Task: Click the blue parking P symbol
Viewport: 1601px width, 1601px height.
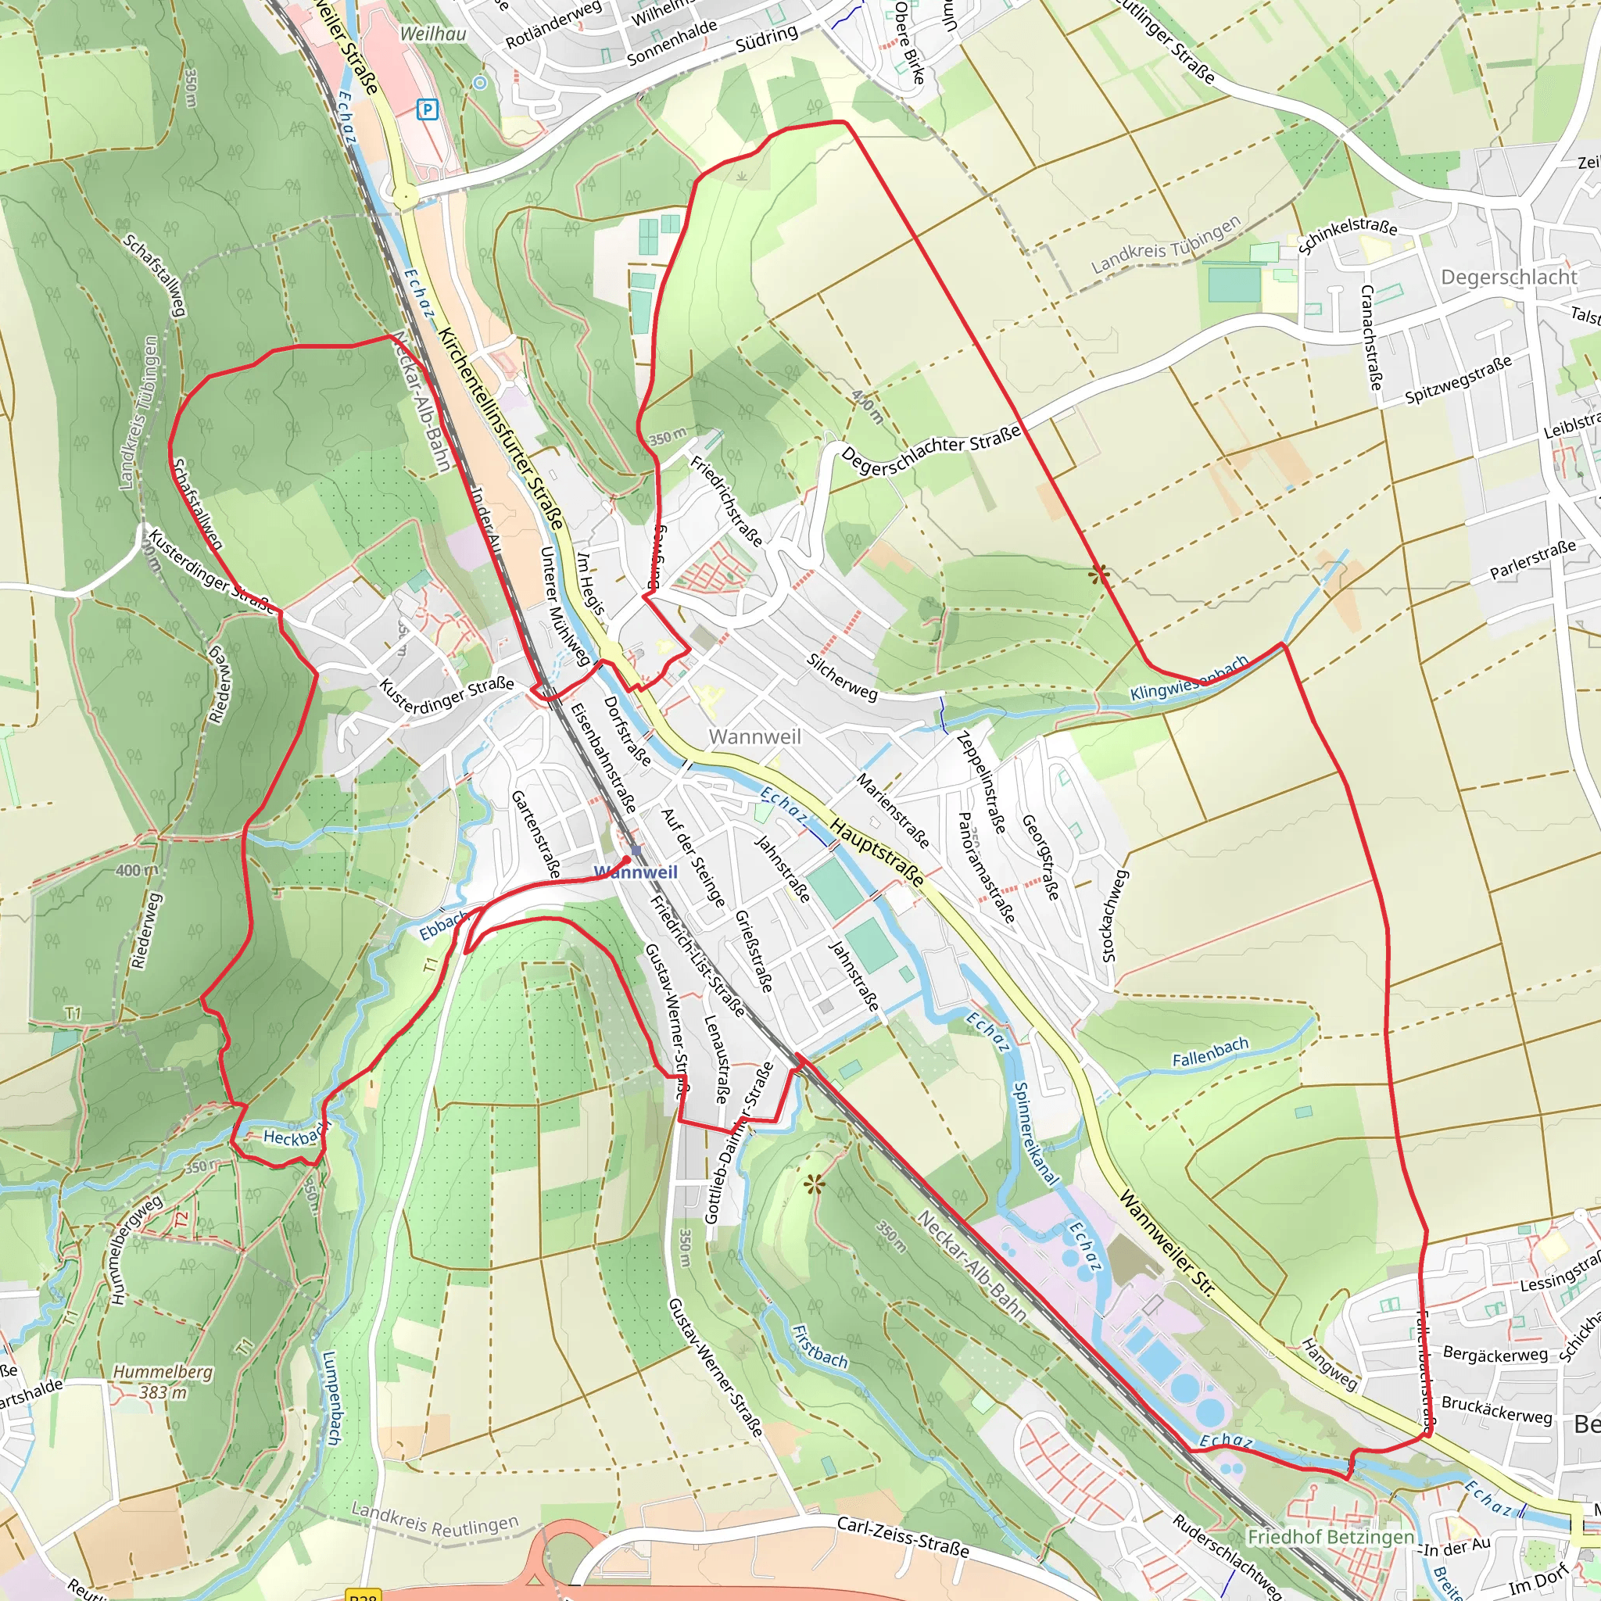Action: coord(427,109)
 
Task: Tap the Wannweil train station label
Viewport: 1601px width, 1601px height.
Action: coord(636,872)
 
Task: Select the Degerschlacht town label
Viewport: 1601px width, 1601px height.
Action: coord(1509,278)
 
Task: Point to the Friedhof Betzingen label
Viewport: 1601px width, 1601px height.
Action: coord(1331,1537)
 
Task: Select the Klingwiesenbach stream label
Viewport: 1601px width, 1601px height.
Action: coord(1189,679)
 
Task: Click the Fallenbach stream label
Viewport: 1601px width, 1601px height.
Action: coord(1210,1052)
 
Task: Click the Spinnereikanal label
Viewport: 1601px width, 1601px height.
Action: coord(1036,1134)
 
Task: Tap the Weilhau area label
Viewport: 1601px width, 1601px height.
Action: coord(432,34)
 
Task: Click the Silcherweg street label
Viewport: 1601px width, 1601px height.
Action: coord(842,677)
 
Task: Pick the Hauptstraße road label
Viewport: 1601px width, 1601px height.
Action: coord(877,853)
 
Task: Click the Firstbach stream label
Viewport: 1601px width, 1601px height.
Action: coord(819,1347)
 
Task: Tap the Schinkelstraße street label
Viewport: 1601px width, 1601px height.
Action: coord(1348,235)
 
